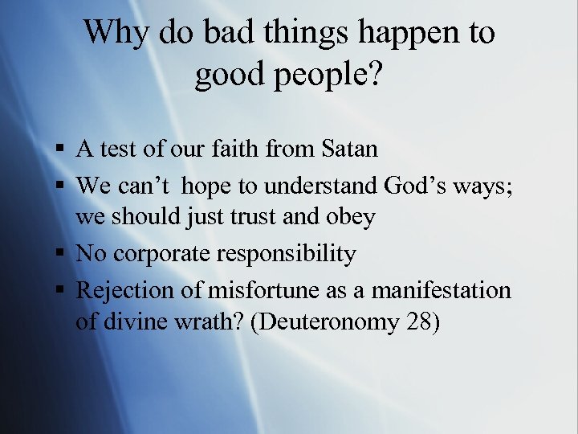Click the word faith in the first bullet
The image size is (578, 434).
[245, 149]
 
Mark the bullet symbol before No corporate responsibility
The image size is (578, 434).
[62, 255]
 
